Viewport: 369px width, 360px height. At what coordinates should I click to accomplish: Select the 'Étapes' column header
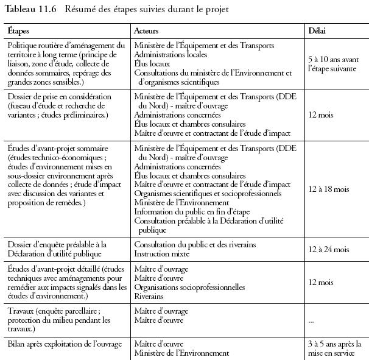click(19, 30)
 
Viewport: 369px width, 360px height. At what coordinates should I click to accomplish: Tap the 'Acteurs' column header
click(147, 30)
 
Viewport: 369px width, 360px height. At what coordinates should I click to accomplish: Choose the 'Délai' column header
click(317, 30)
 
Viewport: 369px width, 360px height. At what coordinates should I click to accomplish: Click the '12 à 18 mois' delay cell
click(329, 189)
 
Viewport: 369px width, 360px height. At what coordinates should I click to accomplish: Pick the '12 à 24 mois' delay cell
click(329, 249)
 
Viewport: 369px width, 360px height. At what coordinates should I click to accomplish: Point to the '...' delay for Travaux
click(312, 320)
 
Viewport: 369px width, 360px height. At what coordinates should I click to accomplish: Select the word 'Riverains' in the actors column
click(149, 296)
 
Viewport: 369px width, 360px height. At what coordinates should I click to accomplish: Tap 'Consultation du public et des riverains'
click(195, 245)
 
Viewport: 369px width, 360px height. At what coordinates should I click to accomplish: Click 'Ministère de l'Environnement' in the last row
click(181, 353)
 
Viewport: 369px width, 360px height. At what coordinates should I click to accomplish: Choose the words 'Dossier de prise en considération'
click(60, 96)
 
